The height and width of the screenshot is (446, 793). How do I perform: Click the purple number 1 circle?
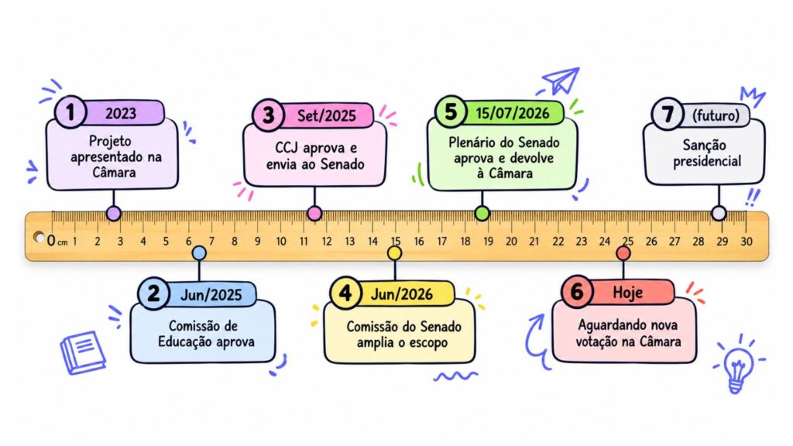click(70, 111)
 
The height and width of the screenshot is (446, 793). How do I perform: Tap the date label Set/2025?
click(327, 116)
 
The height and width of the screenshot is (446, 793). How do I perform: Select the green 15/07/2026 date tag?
click(513, 113)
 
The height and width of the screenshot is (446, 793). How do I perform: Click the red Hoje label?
click(628, 292)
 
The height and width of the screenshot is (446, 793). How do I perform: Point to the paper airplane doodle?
click(561, 80)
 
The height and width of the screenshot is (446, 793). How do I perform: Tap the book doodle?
click(83, 352)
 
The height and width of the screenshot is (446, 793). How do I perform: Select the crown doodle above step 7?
click(753, 96)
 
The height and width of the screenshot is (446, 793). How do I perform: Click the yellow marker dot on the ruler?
click(394, 253)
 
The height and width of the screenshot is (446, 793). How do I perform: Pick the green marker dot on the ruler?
click(482, 214)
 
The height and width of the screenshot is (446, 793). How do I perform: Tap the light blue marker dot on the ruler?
click(200, 253)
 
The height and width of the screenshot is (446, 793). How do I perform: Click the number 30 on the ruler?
click(747, 242)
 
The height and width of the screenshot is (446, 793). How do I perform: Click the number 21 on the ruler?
click(534, 242)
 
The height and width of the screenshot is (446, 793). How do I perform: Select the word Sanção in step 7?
click(705, 145)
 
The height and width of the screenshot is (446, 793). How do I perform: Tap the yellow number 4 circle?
click(345, 293)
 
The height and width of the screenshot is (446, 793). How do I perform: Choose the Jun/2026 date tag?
click(402, 294)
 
